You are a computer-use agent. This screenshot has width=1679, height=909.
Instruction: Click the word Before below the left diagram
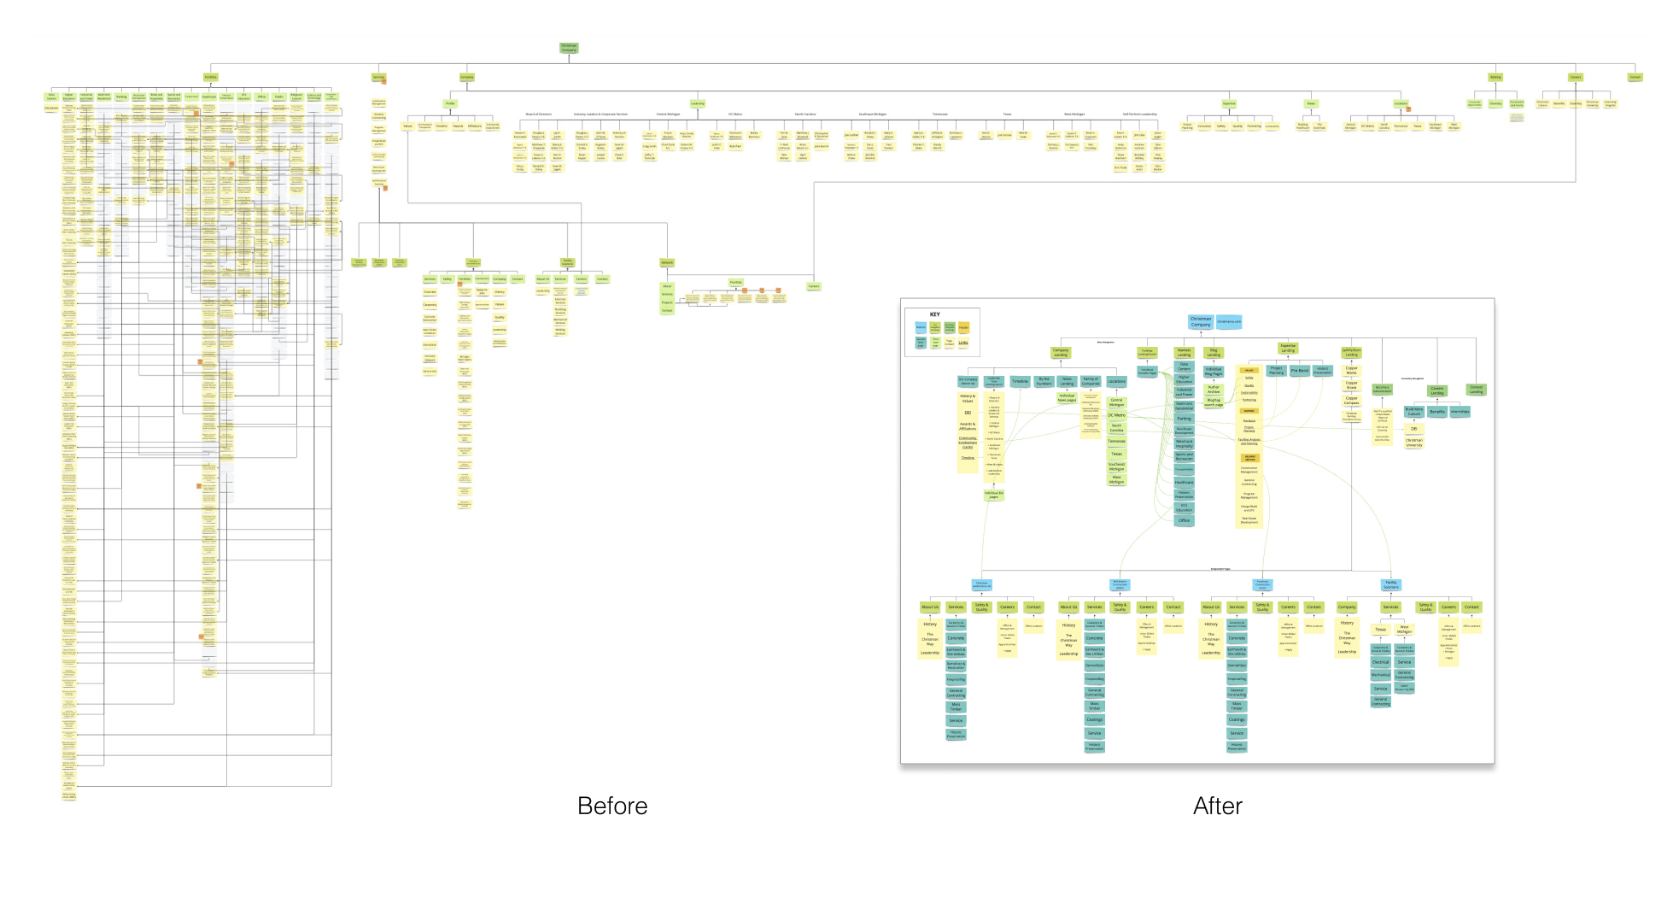(612, 806)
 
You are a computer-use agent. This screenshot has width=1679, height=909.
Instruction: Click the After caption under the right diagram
(1218, 806)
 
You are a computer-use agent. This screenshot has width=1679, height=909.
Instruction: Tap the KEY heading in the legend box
(934, 314)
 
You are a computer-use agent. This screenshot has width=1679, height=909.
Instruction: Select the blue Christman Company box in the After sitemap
(1201, 322)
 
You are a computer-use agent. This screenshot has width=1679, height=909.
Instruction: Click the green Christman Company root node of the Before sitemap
(569, 48)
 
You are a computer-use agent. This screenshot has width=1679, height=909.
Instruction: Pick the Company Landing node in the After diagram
(1061, 352)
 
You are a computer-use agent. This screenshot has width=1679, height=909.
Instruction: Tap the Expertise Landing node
(1288, 348)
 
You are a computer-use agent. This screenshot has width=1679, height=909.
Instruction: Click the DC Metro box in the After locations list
(1116, 415)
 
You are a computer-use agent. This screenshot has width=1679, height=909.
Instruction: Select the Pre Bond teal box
(1299, 371)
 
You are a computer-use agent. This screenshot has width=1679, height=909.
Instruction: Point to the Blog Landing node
(1214, 352)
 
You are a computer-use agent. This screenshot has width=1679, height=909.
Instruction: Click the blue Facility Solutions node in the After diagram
(1391, 585)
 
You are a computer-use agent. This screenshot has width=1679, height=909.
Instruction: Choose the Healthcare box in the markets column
(1184, 483)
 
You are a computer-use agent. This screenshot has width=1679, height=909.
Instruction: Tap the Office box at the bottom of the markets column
(1184, 520)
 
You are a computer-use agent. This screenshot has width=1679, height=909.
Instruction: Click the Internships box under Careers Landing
(1460, 412)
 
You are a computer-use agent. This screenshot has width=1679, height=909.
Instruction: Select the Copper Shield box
(1352, 385)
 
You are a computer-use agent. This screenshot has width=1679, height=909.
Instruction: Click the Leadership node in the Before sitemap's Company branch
(698, 103)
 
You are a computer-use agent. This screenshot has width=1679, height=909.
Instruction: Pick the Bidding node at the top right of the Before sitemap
(1495, 77)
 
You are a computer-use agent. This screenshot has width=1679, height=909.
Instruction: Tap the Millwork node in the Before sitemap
(667, 262)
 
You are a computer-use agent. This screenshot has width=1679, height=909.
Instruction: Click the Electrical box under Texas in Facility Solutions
(1380, 662)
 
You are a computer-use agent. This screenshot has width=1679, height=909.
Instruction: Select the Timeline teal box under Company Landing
(1020, 382)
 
